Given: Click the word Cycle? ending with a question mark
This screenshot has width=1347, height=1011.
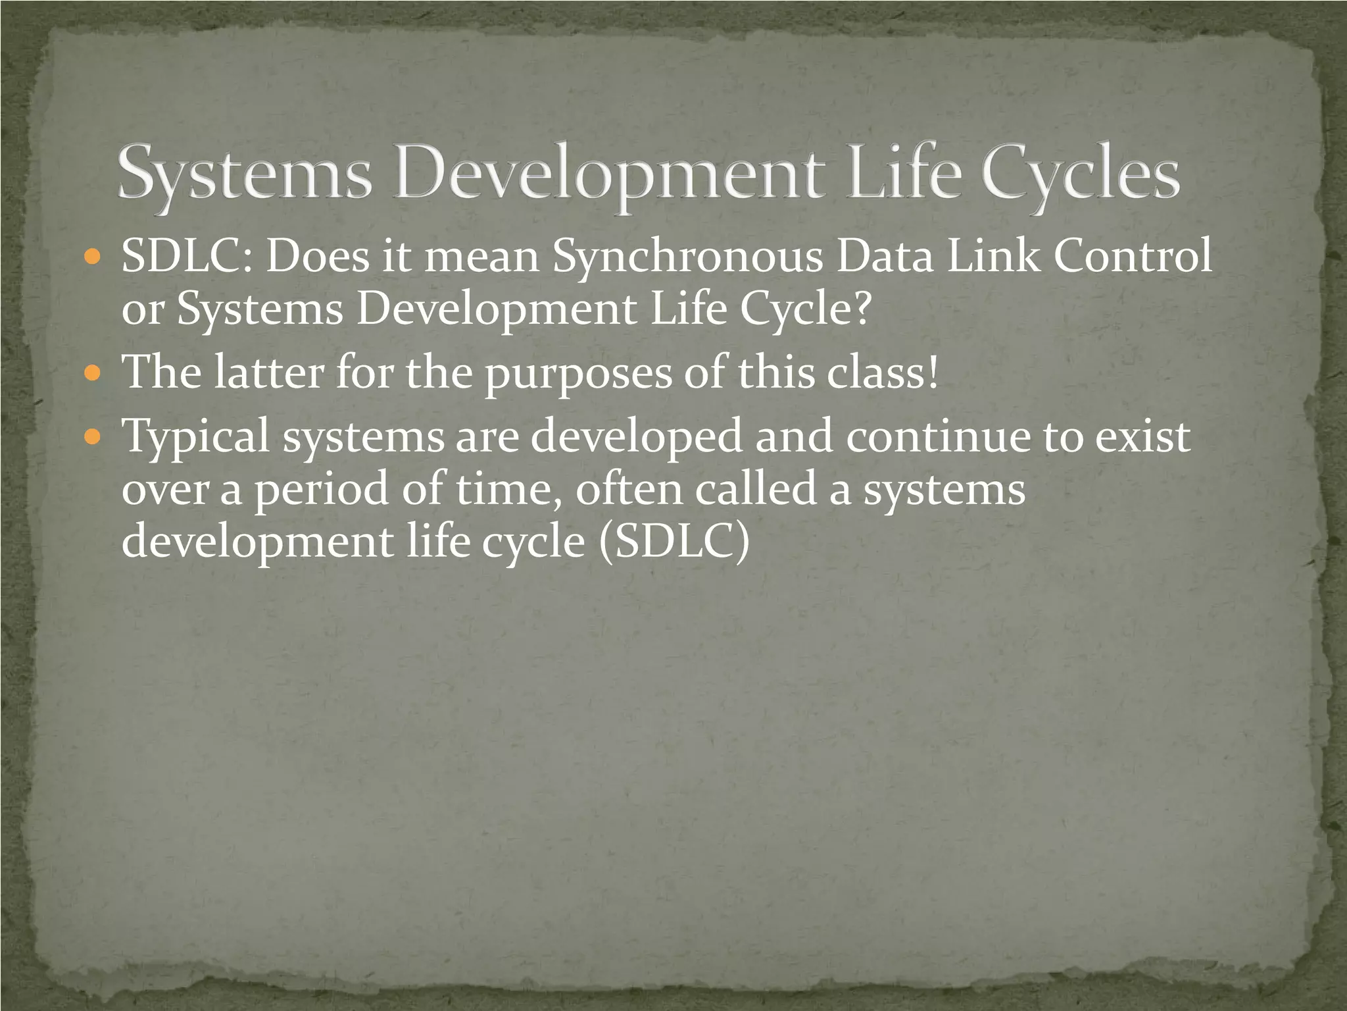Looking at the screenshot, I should [x=806, y=310].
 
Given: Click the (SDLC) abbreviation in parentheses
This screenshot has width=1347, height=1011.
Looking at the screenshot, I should [x=674, y=542].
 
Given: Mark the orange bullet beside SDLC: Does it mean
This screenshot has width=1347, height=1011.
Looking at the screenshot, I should [x=93, y=257].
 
